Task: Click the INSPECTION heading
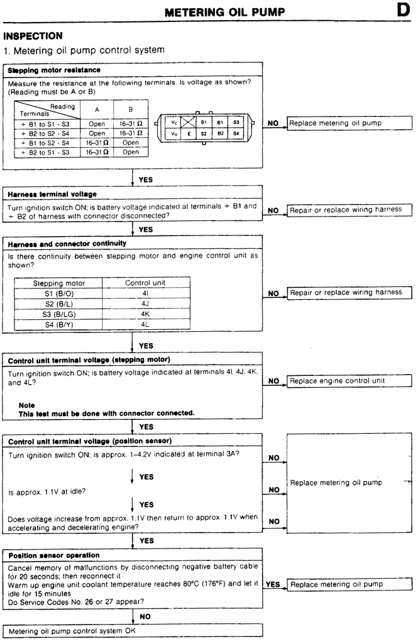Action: pyautogui.click(x=33, y=37)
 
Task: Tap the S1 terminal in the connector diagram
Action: pyautogui.click(x=204, y=122)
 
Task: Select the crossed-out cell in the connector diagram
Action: pyautogui.click(x=188, y=122)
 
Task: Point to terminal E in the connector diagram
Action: pyautogui.click(x=189, y=134)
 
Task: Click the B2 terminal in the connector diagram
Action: pyautogui.click(x=220, y=134)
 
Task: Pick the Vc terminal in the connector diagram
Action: pyautogui.click(x=174, y=122)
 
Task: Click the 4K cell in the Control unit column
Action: pyautogui.click(x=145, y=314)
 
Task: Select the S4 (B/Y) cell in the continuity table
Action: pyautogui.click(x=58, y=324)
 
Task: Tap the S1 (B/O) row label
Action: pyautogui.click(x=58, y=293)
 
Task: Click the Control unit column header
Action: pyautogui.click(x=145, y=283)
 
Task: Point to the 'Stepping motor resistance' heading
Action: pyautogui.click(x=54, y=70)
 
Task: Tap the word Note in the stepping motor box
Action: pyautogui.click(x=26, y=405)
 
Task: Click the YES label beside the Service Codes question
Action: pyautogui.click(x=273, y=584)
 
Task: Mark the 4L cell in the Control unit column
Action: pyautogui.click(x=145, y=324)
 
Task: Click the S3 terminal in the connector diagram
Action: pyautogui.click(x=236, y=122)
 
